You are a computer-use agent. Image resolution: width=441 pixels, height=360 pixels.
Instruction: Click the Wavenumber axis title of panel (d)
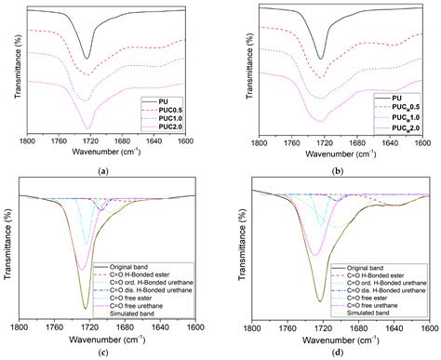[340, 340]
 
